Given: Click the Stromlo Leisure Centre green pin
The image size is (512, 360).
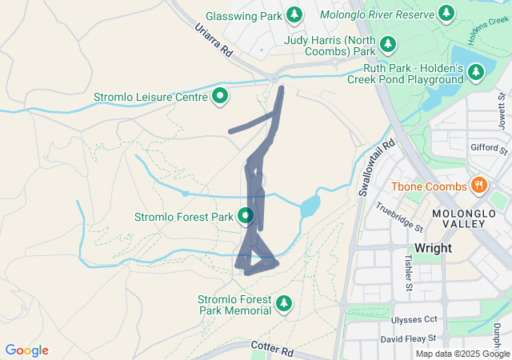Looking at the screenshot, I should pyautogui.click(x=219, y=98).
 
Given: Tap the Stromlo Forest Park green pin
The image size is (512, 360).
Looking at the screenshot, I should pyautogui.click(x=245, y=215).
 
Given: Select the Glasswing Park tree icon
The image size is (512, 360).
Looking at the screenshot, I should pyautogui.click(x=294, y=15).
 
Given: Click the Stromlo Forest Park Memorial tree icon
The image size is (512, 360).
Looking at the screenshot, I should pyautogui.click(x=283, y=304).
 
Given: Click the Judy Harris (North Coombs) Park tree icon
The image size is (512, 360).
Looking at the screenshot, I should pyautogui.click(x=388, y=43).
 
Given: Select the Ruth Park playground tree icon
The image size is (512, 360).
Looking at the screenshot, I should pyautogui.click(x=476, y=74).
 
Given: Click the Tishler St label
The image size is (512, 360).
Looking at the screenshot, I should pyautogui.click(x=408, y=273).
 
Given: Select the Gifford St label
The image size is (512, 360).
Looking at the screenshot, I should pyautogui.click(x=489, y=149).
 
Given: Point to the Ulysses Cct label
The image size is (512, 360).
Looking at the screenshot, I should pyautogui.click(x=414, y=319).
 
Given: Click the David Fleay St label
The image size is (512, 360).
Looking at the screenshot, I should pyautogui.click(x=409, y=339).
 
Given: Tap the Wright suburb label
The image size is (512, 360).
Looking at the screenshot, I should pyautogui.click(x=433, y=248).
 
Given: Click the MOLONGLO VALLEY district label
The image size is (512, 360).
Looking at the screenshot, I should pyautogui.click(x=458, y=218).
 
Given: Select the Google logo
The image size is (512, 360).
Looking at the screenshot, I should pyautogui.click(x=26, y=350).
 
